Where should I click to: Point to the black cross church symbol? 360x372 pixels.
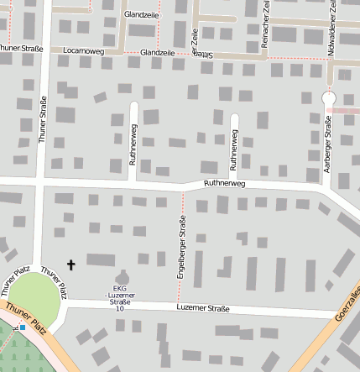[x=70, y=265]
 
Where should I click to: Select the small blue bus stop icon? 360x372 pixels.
[x=23, y=328]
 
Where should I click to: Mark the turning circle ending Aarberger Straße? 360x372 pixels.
[x=328, y=98]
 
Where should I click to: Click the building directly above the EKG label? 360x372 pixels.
[x=123, y=278]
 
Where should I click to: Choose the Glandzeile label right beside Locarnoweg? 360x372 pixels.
[x=159, y=51]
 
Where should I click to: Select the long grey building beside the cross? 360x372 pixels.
[x=101, y=259]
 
